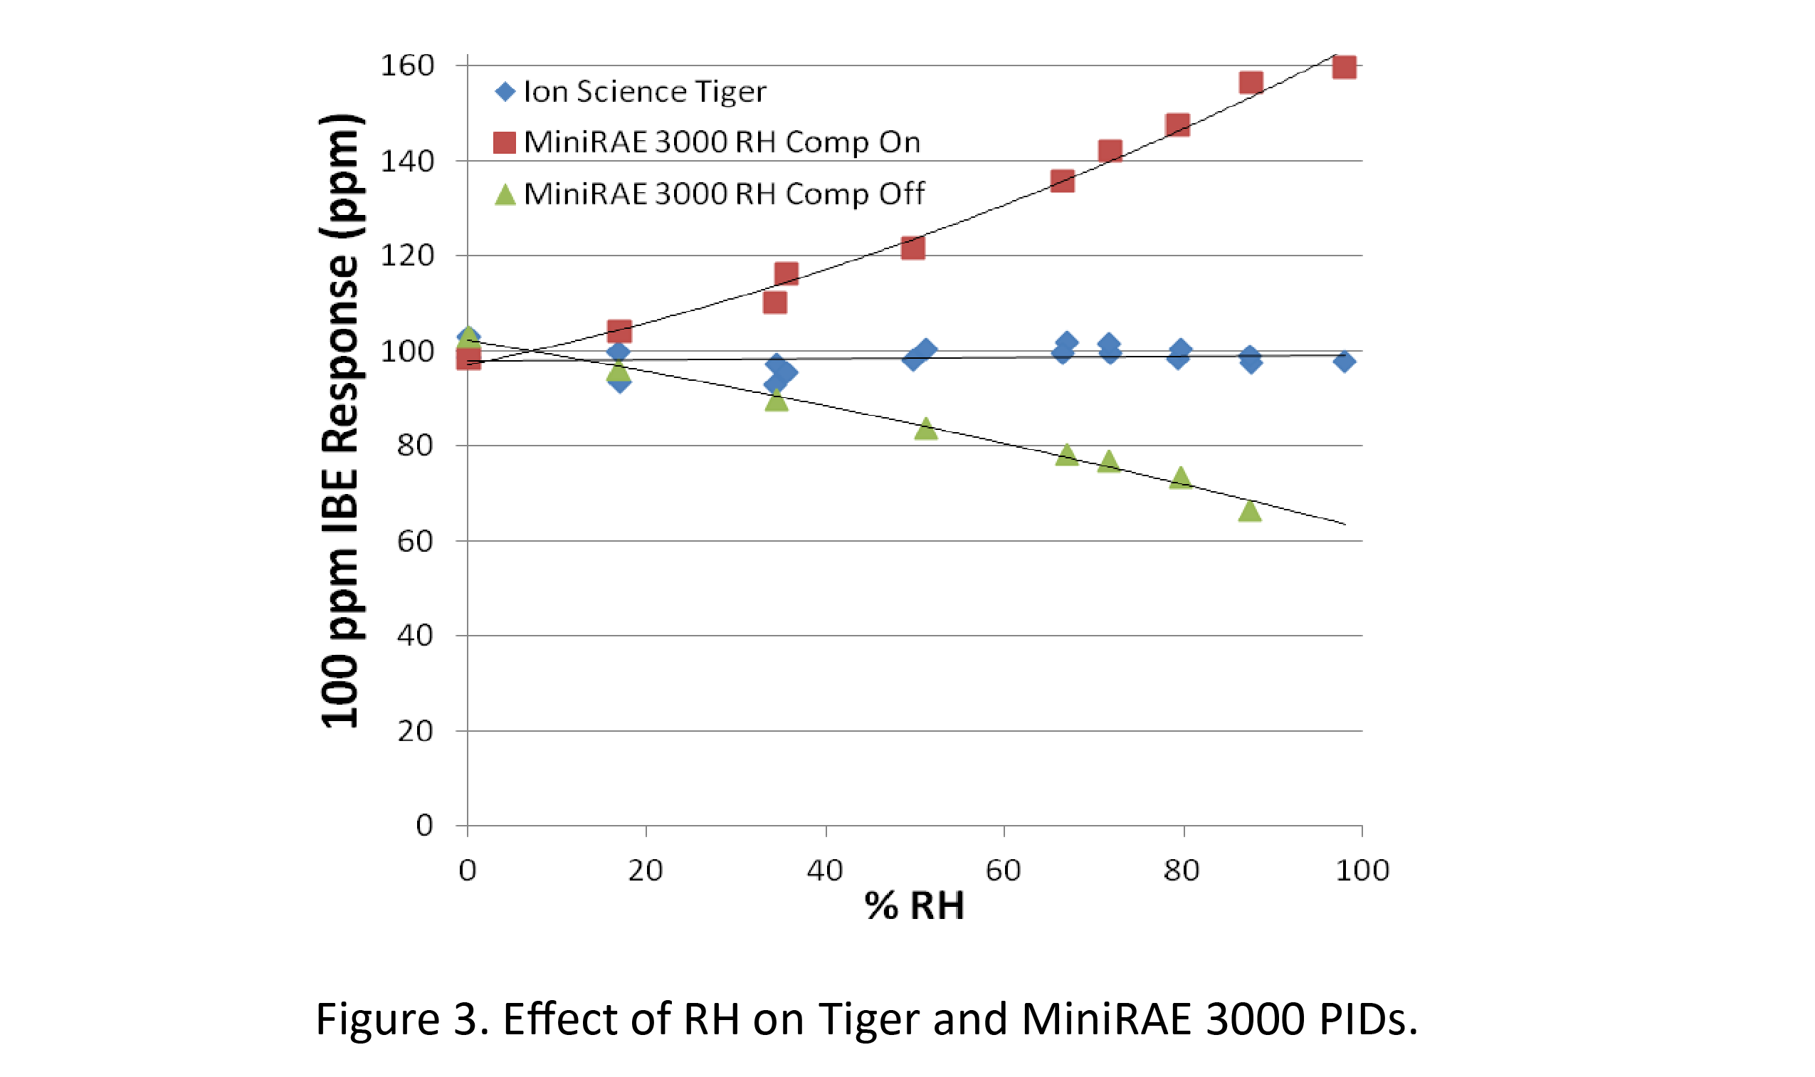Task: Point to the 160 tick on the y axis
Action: [x=407, y=66]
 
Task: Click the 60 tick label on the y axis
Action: [x=414, y=542]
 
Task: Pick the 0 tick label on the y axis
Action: [x=423, y=825]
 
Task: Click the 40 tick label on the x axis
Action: [x=824, y=870]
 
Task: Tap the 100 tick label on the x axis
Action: [x=1362, y=870]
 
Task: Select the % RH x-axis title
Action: [x=914, y=905]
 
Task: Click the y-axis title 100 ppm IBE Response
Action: [x=340, y=421]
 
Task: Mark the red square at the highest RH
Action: [x=1344, y=67]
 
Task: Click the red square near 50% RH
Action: [x=912, y=248]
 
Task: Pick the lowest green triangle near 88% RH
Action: [x=1250, y=511]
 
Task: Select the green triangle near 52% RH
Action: [x=925, y=429]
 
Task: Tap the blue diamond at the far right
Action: [x=1344, y=362]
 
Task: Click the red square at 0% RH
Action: [x=468, y=358]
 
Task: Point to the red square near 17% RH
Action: [x=619, y=332]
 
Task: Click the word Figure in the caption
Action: [x=377, y=1019]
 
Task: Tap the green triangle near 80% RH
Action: [x=1181, y=478]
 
